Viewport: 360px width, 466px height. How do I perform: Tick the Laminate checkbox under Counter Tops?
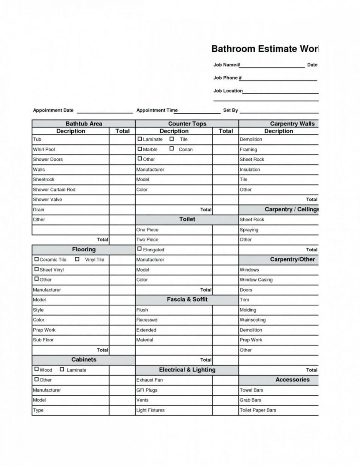click(140, 139)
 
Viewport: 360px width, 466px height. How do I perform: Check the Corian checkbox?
click(172, 149)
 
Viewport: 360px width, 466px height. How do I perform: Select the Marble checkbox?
click(140, 149)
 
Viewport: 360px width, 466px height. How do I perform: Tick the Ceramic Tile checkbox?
click(37, 259)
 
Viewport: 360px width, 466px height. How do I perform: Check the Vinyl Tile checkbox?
click(77, 259)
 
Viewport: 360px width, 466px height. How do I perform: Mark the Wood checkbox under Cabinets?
click(37, 369)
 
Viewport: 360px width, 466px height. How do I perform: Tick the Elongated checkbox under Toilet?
click(140, 249)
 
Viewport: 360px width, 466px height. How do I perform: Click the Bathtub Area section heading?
click(84, 124)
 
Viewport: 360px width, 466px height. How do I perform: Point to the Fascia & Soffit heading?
click(187, 299)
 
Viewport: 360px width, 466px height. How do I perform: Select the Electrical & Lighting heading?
click(187, 370)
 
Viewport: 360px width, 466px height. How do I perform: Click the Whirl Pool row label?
click(44, 149)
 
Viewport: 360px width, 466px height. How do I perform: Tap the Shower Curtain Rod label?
click(54, 189)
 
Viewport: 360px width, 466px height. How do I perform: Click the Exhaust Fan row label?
click(150, 380)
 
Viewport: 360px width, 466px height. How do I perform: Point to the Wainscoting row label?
click(252, 320)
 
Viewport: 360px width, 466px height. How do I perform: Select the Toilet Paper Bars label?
click(258, 410)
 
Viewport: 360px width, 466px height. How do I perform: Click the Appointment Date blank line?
click(105, 112)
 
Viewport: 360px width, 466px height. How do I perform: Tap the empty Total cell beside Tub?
click(122, 139)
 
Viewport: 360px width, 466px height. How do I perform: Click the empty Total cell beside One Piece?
click(225, 230)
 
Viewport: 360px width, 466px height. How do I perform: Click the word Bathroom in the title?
click(233, 49)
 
